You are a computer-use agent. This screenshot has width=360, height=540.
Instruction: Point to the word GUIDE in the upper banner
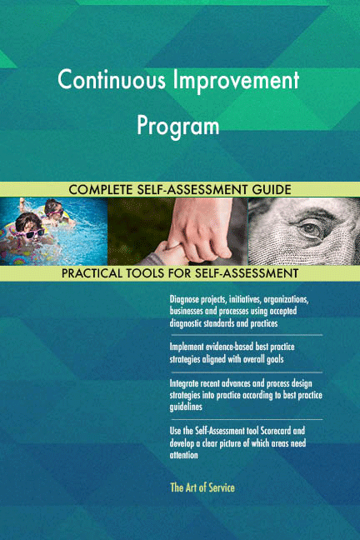269,190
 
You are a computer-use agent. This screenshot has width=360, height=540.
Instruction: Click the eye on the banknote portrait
309,227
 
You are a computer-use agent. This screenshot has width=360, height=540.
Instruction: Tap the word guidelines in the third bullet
189,407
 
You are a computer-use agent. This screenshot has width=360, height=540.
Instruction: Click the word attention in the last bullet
184,455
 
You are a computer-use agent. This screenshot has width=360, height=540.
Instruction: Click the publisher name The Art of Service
202,487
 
